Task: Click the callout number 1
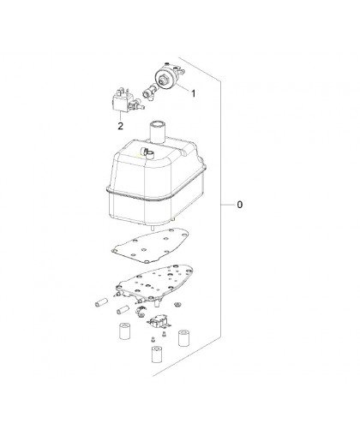194,93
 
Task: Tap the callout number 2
121,126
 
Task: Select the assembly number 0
240,205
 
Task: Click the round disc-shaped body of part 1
165,79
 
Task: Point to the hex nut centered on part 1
164,79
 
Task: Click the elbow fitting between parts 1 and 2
148,92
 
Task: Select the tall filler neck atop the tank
158,132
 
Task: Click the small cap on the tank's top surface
147,152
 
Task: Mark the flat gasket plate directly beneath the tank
150,246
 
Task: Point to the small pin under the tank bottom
153,227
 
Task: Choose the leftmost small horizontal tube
101,302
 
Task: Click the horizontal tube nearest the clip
123,309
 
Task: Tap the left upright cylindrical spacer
125,331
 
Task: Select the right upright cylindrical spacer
184,338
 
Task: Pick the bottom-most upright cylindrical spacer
158,355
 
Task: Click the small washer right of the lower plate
177,304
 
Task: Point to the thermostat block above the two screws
159,323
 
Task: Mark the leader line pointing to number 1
183,86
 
